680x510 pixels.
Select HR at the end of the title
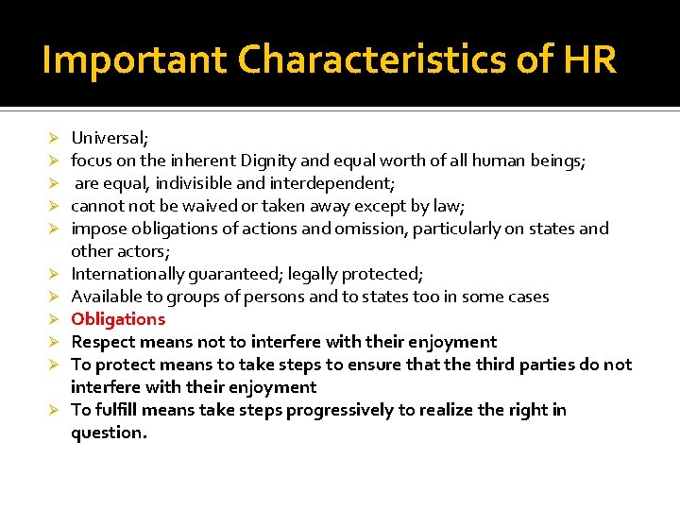590,60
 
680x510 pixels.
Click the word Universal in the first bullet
107,138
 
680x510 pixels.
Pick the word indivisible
201,183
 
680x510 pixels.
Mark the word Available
107,297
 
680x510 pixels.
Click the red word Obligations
118,319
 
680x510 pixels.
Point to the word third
479,365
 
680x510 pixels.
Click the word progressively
335,410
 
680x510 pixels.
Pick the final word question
109,433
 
